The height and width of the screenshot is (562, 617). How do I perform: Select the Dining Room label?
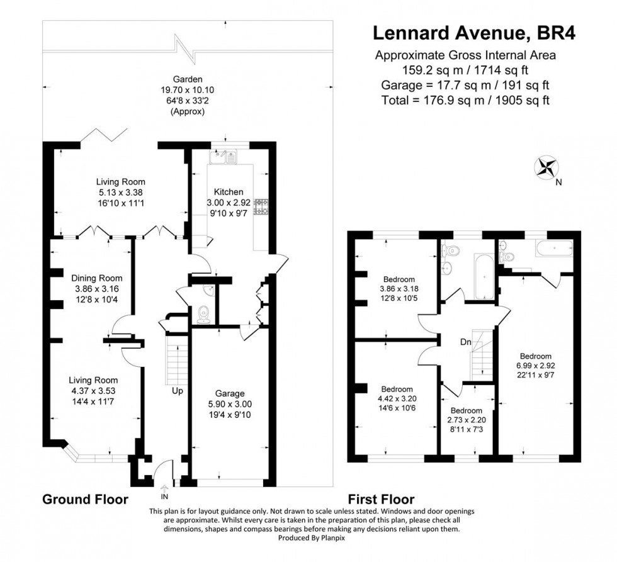[x=96, y=278]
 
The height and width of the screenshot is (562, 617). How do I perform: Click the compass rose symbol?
[x=545, y=168]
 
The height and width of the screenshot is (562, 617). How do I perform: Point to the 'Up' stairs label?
[x=178, y=391]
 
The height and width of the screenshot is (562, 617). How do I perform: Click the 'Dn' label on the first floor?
[x=465, y=342]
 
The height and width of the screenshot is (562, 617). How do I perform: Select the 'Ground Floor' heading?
[x=85, y=500]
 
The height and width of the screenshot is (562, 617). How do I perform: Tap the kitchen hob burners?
[x=260, y=207]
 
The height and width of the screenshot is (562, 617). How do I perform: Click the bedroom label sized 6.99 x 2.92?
[x=535, y=356]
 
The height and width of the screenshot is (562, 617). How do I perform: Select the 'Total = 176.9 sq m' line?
[x=465, y=100]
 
